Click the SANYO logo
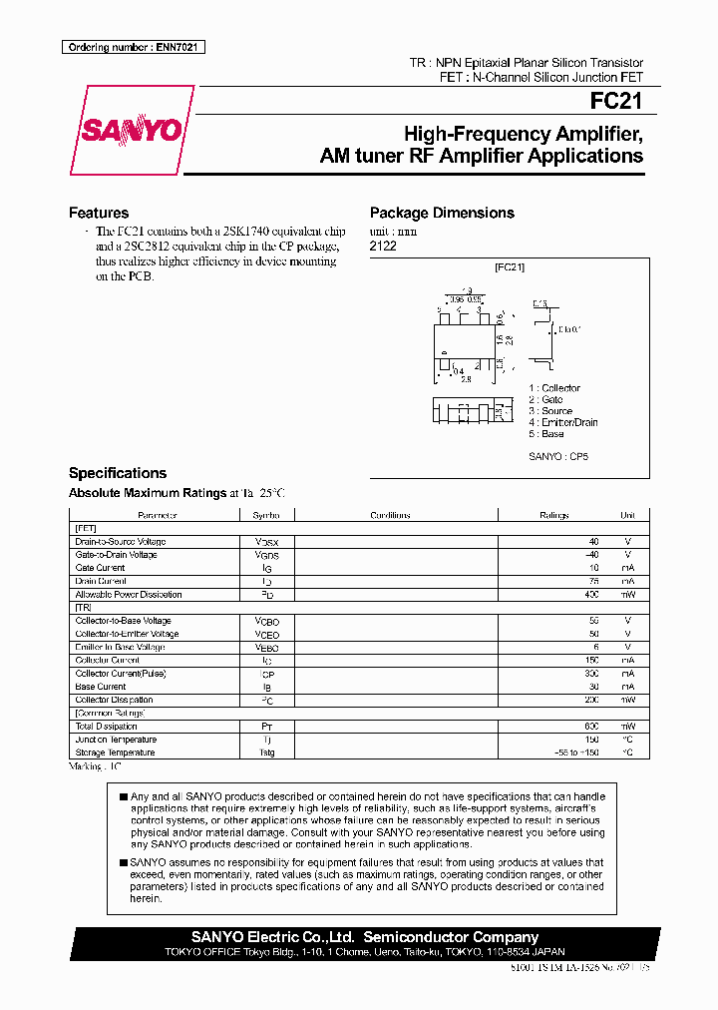tap(131, 131)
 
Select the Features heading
tap(98, 213)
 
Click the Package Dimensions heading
tap(442, 213)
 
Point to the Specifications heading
tap(117, 473)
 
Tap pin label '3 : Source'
tap(550, 411)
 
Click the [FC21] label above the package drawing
tap(510, 267)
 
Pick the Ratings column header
tap(553, 516)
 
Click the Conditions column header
tap(390, 516)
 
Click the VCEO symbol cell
tap(266, 634)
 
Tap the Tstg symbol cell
tap(266, 754)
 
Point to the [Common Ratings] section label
tap(110, 714)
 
